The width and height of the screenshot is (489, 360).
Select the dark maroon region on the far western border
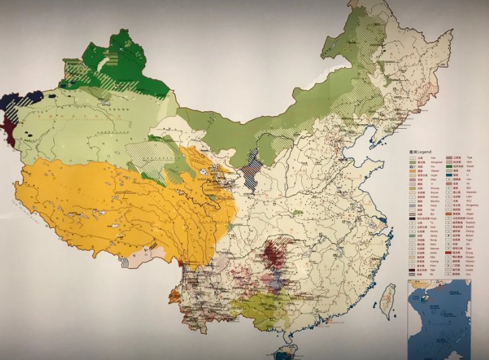[x=8, y=123]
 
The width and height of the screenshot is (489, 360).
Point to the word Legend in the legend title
[x=424, y=150]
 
